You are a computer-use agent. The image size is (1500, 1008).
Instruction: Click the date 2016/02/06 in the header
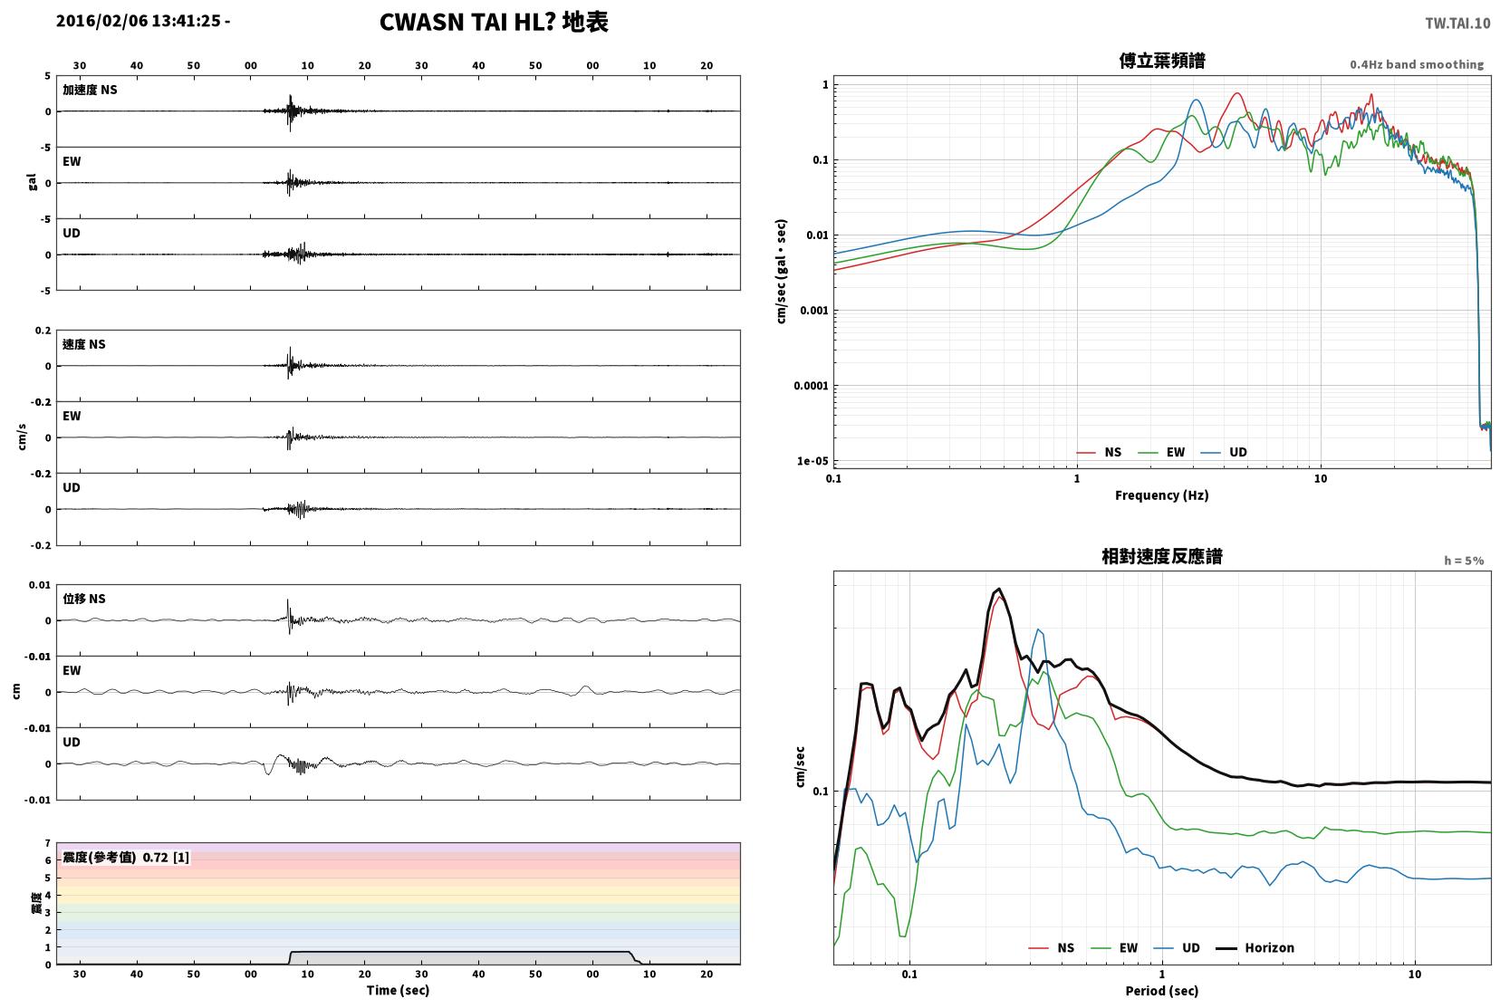[x=101, y=21]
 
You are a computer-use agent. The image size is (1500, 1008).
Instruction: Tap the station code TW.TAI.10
[x=1457, y=24]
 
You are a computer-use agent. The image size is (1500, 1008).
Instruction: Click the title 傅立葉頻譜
[x=1162, y=61]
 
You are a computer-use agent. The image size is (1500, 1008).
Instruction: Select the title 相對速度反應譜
[x=1162, y=556]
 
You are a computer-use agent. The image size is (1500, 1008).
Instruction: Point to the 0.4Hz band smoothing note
[x=1417, y=65]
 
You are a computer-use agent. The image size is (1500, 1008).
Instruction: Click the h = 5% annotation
[x=1463, y=561]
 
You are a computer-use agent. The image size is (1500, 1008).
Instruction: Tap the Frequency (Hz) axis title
[x=1162, y=495]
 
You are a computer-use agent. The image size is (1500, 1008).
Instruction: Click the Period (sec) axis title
[x=1162, y=991]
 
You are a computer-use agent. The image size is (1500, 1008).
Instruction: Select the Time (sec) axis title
[x=398, y=990]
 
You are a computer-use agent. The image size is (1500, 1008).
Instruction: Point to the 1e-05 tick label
[x=812, y=461]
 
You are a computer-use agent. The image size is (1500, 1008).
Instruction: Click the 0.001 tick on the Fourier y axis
[x=814, y=311]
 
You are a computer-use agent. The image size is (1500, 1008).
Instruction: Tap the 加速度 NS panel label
[x=90, y=90]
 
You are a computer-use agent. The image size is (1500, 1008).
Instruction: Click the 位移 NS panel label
[x=83, y=599]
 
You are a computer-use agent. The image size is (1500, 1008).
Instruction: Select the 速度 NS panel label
[x=83, y=344]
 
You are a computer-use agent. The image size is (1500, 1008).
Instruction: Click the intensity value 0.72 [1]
[x=166, y=858]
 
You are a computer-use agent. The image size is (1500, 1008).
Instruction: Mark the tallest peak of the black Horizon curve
[x=999, y=589]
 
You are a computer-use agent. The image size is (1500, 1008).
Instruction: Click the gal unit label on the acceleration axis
[x=32, y=182]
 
